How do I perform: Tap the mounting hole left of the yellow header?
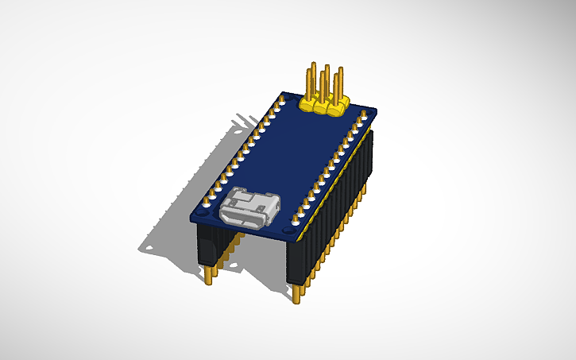[x=284, y=99]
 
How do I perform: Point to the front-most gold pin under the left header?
[x=210, y=275]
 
